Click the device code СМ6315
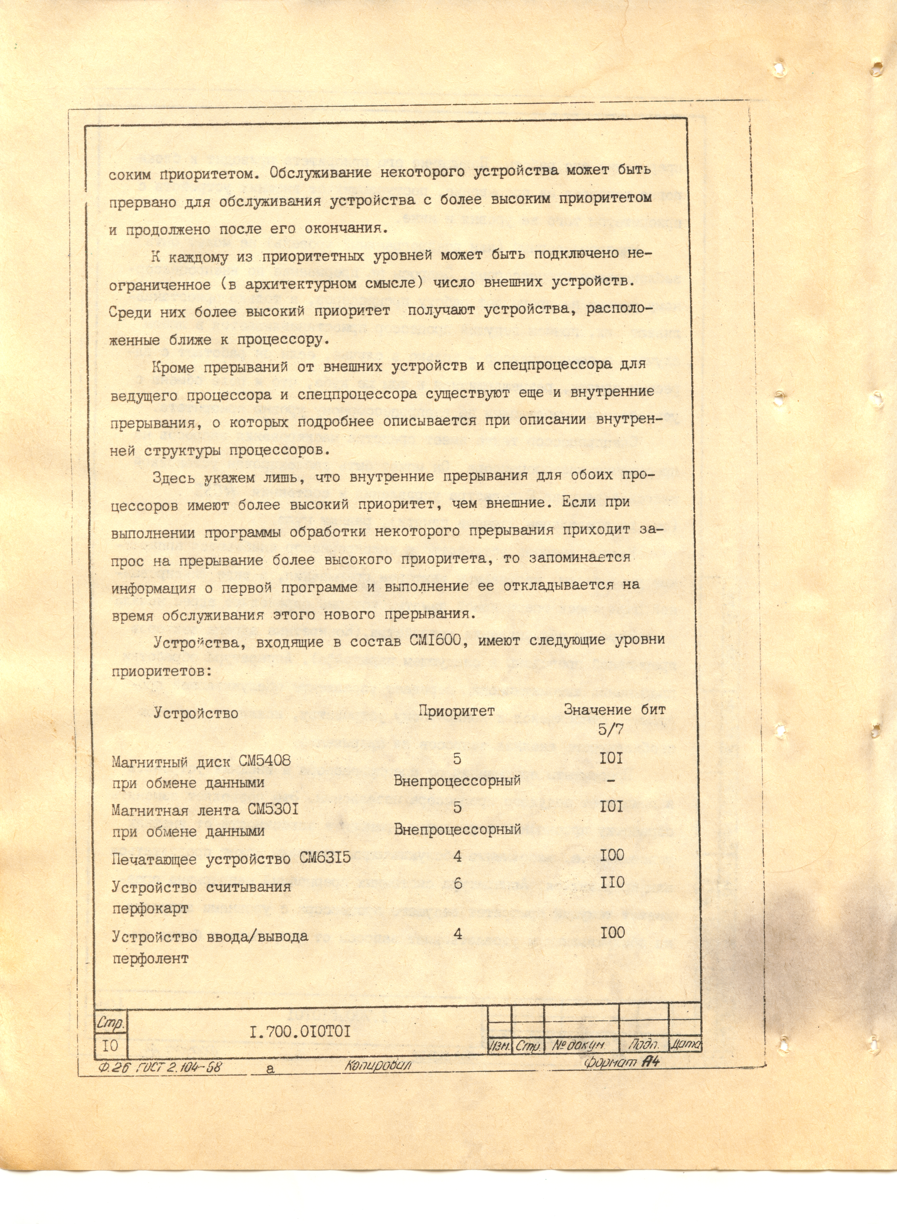tap(325, 858)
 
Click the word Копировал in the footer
tap(377, 1066)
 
